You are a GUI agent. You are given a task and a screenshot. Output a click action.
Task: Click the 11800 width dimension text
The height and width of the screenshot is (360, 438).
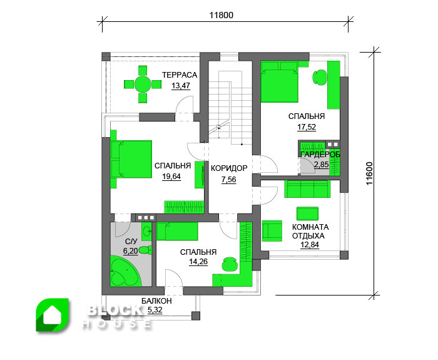pos(222,15)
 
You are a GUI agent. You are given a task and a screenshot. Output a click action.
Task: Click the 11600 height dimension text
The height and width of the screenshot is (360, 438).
pos(370,173)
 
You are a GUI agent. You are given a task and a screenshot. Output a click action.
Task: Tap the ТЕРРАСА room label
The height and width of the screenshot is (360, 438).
pos(180,75)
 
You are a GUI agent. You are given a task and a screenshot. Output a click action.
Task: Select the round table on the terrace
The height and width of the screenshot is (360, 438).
pos(143,85)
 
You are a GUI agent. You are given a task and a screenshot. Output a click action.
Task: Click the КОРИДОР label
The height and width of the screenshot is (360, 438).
pos(229,168)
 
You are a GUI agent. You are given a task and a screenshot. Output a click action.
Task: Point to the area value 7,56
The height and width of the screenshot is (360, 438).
pos(229,180)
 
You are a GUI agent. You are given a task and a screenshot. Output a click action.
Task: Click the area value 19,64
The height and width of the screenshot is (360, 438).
pos(171,177)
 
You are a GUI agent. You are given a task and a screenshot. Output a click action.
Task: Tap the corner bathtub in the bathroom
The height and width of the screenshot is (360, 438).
pos(125,271)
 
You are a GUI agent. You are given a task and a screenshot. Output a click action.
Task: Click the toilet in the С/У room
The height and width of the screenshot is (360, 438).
pos(145,250)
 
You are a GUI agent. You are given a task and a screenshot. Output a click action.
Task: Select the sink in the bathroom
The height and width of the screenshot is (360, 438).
pos(146,231)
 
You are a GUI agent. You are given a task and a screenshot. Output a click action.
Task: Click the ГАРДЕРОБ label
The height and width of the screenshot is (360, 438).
pos(320,154)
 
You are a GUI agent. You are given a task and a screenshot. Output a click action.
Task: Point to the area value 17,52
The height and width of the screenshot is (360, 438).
pos(307,127)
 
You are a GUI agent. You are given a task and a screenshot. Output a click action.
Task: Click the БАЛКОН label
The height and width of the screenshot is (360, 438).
pos(156,301)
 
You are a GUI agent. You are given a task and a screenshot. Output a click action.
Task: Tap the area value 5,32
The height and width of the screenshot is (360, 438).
pos(155,310)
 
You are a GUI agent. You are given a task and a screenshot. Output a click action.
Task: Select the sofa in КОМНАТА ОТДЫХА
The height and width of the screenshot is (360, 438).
pos(308,188)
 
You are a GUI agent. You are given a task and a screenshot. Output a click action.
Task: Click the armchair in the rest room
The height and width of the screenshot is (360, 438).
pos(272,230)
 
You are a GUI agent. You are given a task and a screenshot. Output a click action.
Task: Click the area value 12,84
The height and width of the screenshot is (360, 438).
pos(310,245)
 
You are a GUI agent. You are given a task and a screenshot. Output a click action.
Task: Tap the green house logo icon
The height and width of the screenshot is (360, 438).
pos(53,315)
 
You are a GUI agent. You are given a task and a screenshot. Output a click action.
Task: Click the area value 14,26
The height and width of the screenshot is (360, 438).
pos(198,262)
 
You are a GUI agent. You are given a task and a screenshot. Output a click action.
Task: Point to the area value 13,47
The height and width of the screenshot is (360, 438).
pos(181,86)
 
